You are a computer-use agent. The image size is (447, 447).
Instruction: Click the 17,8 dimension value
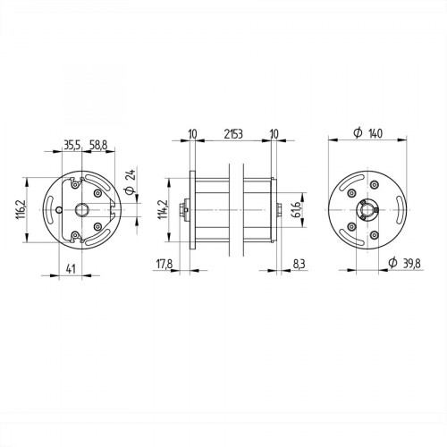click(x=164, y=265)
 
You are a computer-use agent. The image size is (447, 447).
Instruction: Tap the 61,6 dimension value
click(x=296, y=211)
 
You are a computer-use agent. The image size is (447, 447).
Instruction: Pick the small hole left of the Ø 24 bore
click(x=58, y=210)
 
